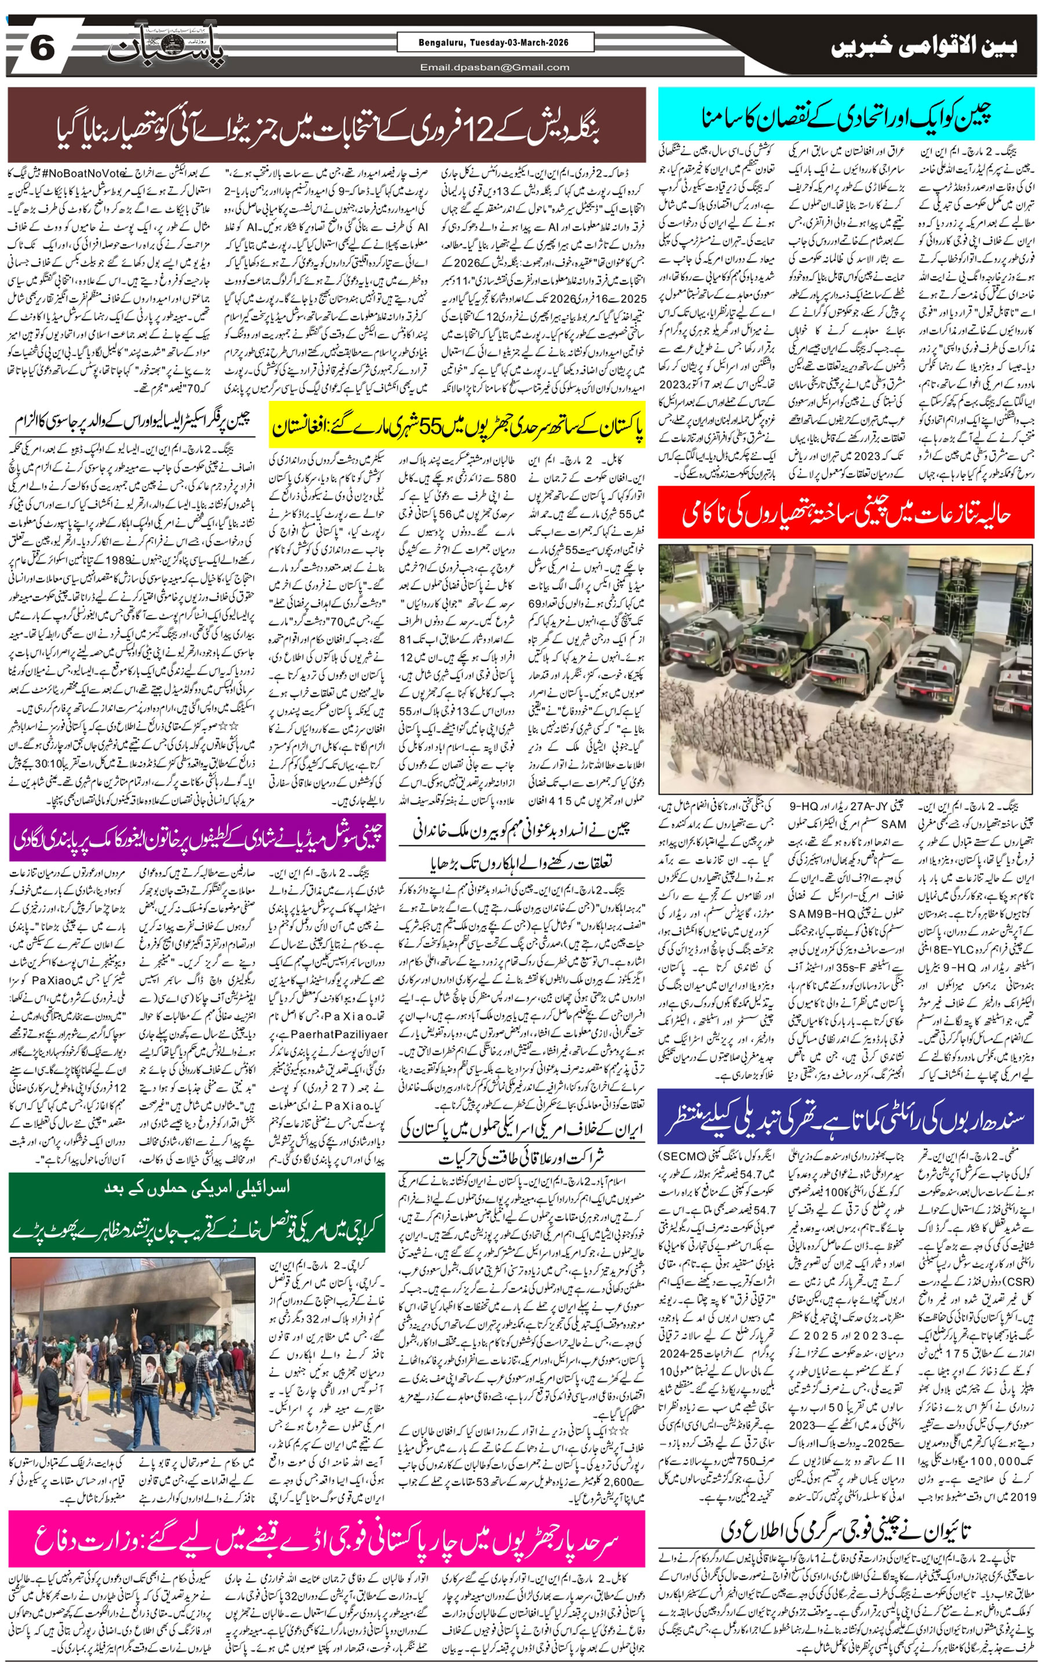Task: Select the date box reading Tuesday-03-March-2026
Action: [x=494, y=43]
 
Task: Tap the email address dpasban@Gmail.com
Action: [x=494, y=67]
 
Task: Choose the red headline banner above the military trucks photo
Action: [x=846, y=513]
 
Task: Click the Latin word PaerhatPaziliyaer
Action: [x=339, y=1034]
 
